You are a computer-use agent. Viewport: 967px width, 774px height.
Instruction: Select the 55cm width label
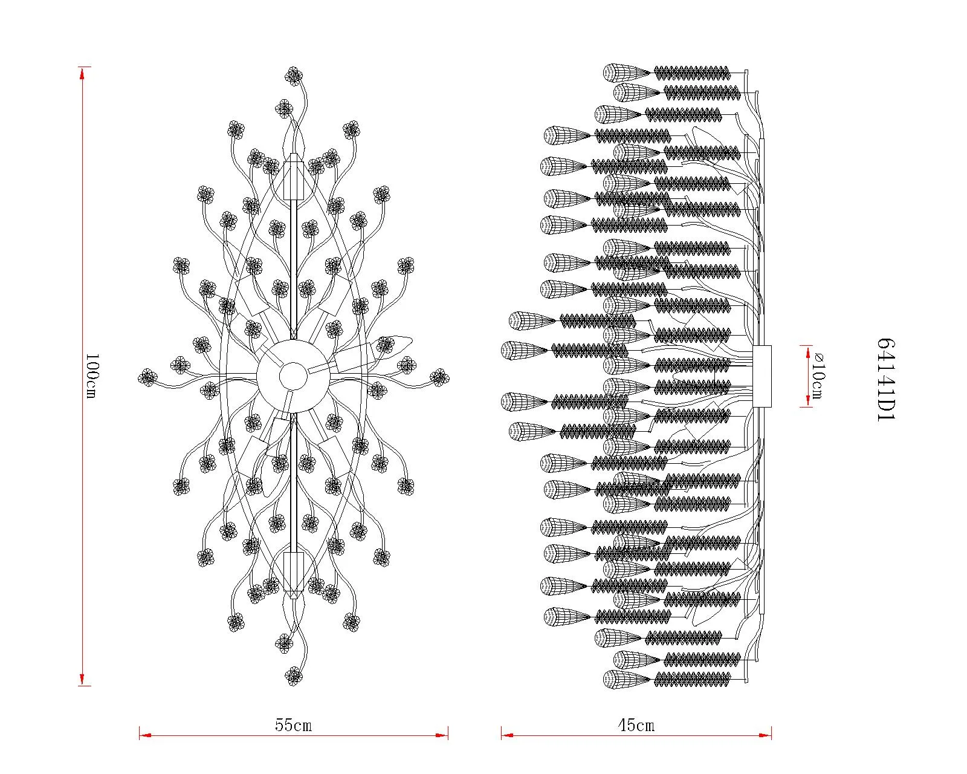294,726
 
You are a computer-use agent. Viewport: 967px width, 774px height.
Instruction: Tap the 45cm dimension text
636,726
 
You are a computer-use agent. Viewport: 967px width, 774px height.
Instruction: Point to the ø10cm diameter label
817,376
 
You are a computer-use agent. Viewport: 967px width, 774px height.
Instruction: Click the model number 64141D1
885,379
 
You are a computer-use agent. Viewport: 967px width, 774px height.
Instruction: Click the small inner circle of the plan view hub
294,377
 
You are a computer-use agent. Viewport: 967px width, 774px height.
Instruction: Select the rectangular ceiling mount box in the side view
762,376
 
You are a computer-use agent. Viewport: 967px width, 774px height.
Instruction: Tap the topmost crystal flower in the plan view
294,76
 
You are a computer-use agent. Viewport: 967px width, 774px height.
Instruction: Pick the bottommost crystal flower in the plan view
294,676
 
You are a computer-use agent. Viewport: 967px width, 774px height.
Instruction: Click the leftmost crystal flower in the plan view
147,377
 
